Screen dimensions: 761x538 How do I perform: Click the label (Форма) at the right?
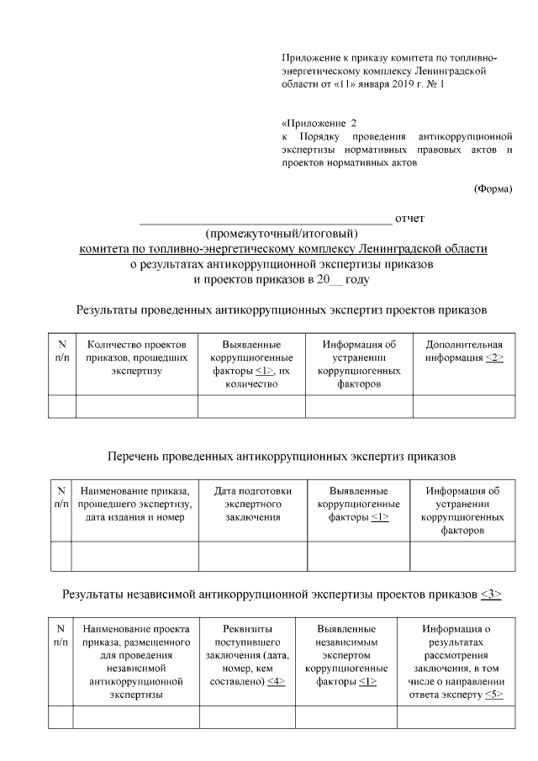click(x=493, y=188)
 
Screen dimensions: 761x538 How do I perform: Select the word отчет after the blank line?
click(x=409, y=219)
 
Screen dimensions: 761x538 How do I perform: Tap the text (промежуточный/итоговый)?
click(x=282, y=233)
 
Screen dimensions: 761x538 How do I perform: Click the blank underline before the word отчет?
click(x=265, y=220)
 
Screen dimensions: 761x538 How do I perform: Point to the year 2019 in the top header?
click(x=394, y=85)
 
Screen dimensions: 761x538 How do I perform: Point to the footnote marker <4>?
click(x=276, y=682)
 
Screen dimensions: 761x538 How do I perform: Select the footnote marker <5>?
click(x=494, y=695)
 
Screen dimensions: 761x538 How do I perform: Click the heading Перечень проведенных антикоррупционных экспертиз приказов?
click(x=282, y=457)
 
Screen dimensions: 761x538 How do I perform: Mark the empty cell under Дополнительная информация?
click(x=464, y=405)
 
